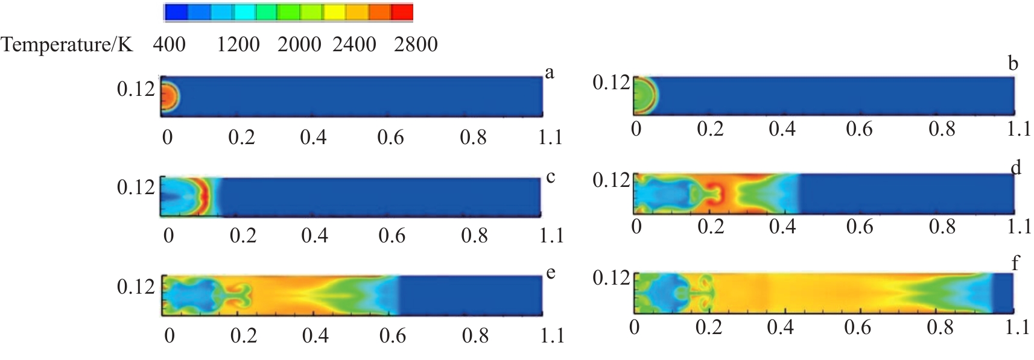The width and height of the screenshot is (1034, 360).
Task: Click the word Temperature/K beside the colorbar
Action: tap(67, 45)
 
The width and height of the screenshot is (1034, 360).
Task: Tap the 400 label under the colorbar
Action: tap(169, 45)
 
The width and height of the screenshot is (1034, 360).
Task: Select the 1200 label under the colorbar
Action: tap(238, 45)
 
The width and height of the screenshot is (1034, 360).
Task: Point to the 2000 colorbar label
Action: tap(299, 45)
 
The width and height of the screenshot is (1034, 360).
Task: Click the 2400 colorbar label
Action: tap(354, 45)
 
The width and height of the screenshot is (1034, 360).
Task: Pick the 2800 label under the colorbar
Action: tap(416, 45)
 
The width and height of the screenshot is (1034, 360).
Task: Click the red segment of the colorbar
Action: tap(402, 12)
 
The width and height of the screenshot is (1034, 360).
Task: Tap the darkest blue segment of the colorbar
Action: tap(176, 12)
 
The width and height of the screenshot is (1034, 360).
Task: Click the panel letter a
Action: tap(549, 73)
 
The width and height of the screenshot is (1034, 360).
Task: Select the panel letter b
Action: tap(1013, 63)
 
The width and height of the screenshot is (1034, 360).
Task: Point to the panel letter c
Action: tap(550, 177)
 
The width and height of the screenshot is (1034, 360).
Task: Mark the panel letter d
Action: tap(1016, 167)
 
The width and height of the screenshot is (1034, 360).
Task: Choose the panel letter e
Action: tap(550, 273)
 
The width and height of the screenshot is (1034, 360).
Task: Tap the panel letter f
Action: tap(1015, 263)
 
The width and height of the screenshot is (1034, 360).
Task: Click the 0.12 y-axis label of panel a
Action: tap(136, 89)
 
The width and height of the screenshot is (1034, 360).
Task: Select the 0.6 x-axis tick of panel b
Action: tap(858, 129)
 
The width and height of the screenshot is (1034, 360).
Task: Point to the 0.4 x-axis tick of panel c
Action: tap(314, 235)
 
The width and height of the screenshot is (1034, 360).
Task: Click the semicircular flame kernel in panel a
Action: tap(170, 96)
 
